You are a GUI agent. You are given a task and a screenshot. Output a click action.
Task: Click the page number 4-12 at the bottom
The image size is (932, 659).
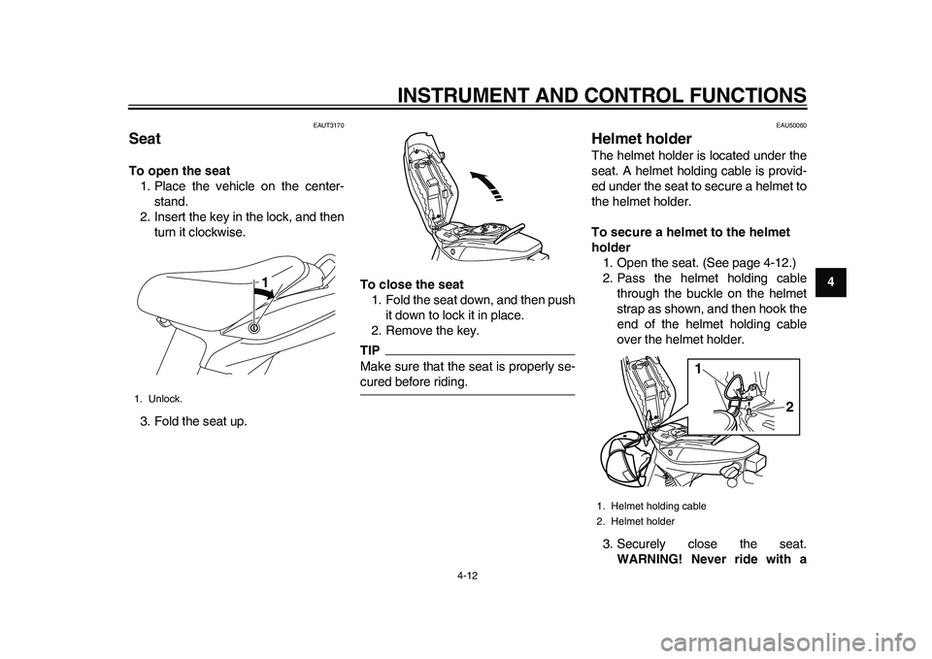click(466, 575)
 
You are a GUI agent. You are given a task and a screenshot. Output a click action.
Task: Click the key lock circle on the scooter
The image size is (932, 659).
click(254, 328)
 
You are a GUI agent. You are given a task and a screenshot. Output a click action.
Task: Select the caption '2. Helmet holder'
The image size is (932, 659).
click(636, 521)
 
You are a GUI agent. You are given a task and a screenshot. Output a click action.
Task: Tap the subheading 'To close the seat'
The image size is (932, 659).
click(412, 283)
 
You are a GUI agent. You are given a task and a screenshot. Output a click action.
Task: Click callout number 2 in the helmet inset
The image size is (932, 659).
click(789, 408)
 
